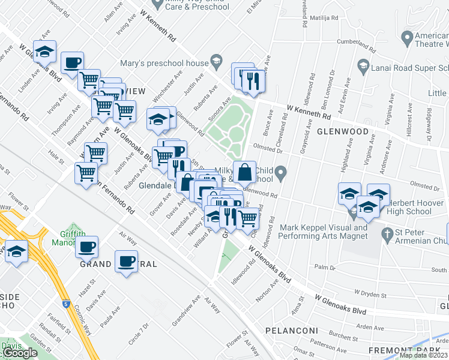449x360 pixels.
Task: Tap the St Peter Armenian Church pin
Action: pos(389,232)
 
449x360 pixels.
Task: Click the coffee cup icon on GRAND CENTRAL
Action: pos(126,262)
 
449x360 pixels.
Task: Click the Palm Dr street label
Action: pos(324,266)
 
